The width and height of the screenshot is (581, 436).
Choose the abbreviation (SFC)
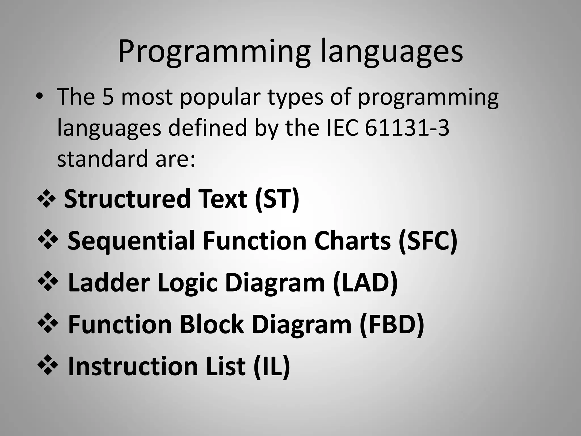coord(428,241)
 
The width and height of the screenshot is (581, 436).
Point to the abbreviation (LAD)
coord(365,283)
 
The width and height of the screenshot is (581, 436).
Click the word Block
coord(212,324)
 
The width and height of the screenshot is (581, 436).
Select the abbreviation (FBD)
coord(392,324)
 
